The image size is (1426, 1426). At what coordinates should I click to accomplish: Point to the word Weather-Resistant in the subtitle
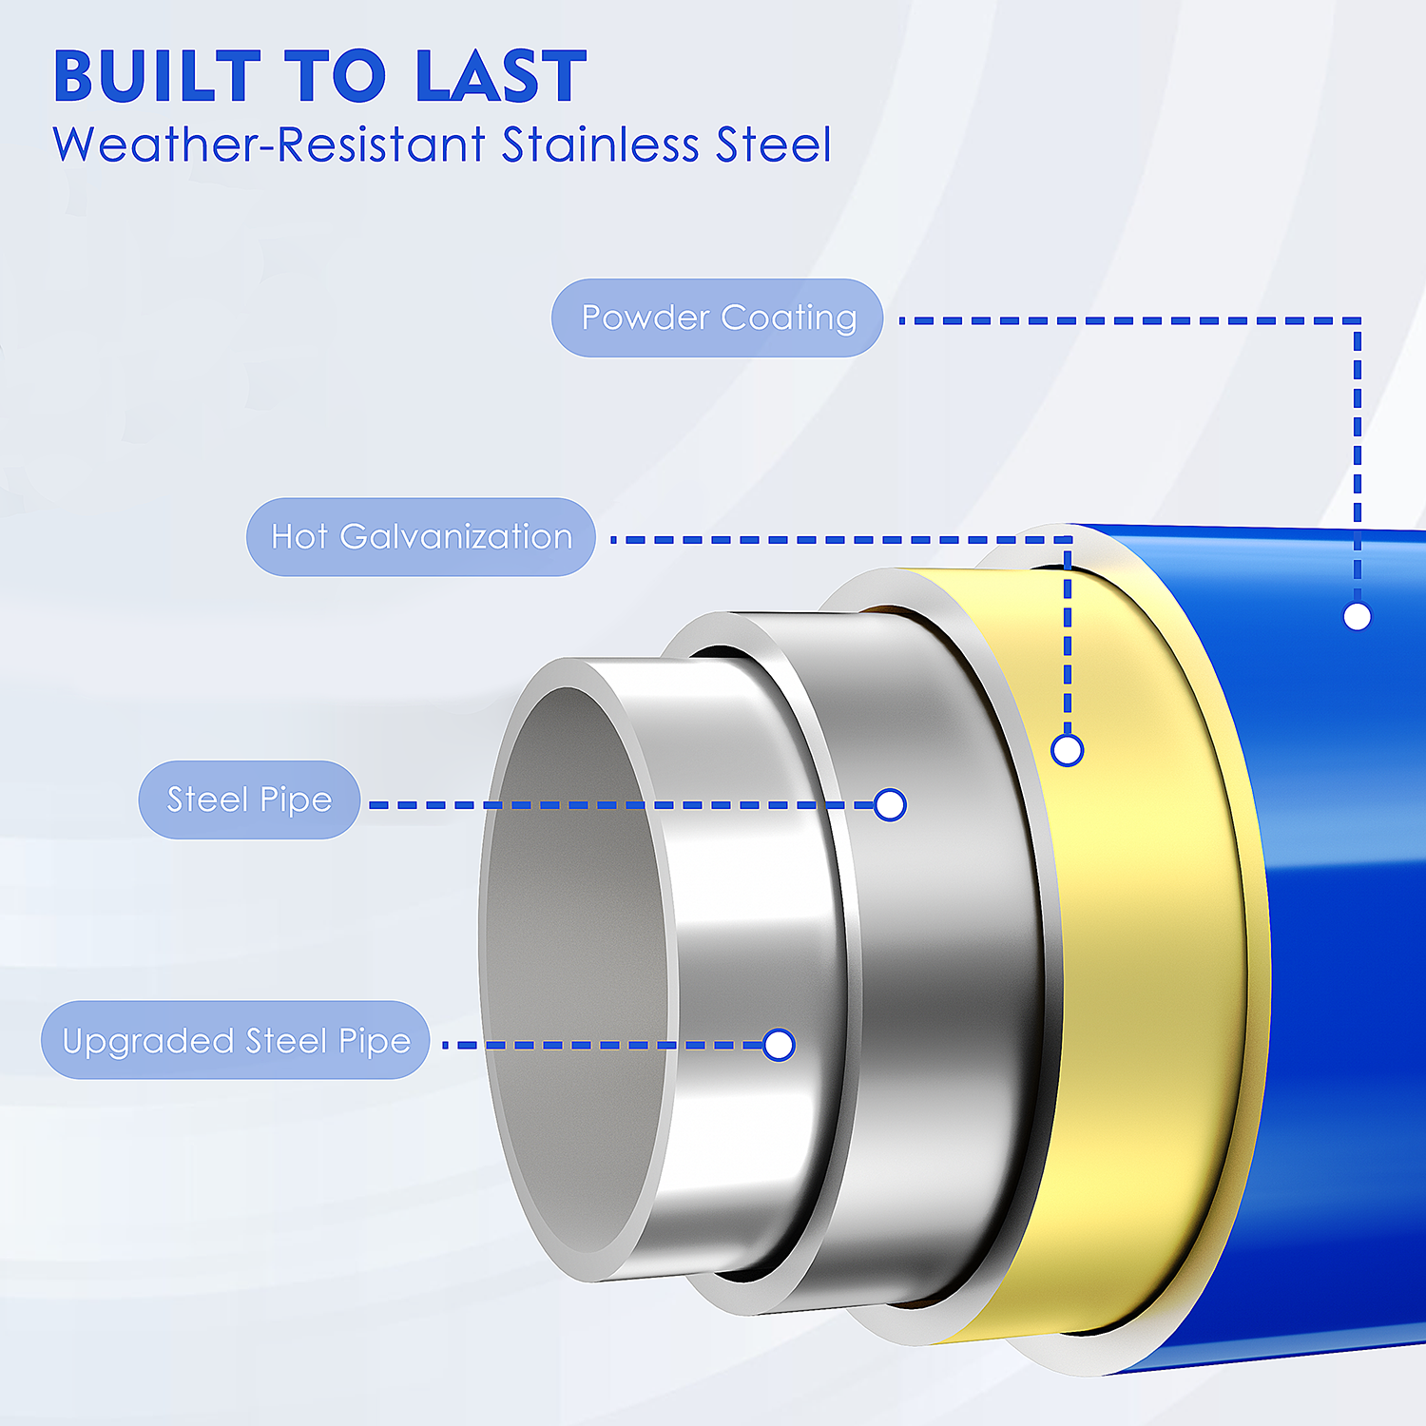(269, 145)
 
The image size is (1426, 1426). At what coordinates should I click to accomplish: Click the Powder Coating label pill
(718, 318)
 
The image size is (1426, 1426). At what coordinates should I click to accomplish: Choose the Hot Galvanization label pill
(421, 536)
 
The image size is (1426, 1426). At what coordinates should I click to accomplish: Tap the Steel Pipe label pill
(249, 800)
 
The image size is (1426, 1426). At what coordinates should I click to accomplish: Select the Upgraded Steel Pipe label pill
(236, 1040)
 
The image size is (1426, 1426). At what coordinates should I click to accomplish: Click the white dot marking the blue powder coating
(1358, 617)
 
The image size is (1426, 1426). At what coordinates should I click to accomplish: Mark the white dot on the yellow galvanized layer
(1068, 750)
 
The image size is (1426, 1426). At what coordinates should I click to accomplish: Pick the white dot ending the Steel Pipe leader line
(890, 805)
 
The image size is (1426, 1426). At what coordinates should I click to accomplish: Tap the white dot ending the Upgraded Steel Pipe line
(779, 1045)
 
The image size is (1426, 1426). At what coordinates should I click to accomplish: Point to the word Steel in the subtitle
(774, 145)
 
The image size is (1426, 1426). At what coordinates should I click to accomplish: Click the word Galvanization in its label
(456, 536)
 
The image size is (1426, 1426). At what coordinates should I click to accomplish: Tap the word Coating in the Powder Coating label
(789, 318)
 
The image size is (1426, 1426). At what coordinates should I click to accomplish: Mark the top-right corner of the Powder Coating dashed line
(1358, 321)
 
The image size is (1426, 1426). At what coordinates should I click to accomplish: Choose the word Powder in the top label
(646, 318)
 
